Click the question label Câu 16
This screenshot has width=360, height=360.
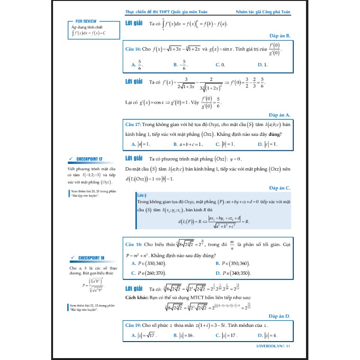pyautogui.click(x=133, y=49)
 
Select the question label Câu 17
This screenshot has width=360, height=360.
pyautogui.click(x=133, y=125)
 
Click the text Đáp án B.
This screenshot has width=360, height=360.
pyautogui.click(x=279, y=36)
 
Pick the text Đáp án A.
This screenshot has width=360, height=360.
pyautogui.click(x=279, y=115)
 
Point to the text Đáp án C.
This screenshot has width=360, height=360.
pyautogui.click(x=279, y=188)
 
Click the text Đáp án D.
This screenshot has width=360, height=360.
pyautogui.click(x=279, y=315)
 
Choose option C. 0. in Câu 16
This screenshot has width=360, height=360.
pyautogui.click(x=220, y=65)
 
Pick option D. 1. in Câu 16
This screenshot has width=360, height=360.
pyautogui.click(x=262, y=65)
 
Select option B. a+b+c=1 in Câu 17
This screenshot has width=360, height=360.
pyautogui.click(x=188, y=144)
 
